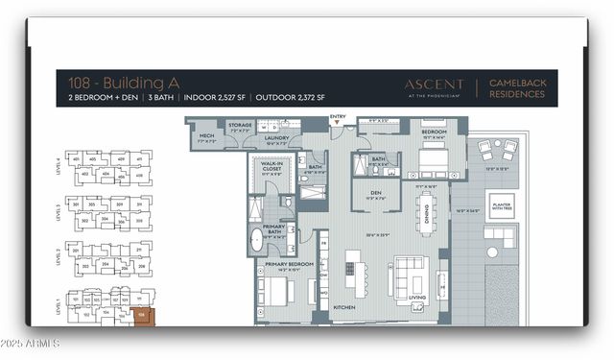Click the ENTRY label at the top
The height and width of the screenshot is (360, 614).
[337, 116]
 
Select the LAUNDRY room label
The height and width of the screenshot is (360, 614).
[276, 137]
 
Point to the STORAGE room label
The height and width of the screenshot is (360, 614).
[240, 125]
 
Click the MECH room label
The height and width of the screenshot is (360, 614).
[206, 136]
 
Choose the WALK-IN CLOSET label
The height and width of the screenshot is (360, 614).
[270, 168]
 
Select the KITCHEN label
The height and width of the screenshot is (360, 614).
[344, 308]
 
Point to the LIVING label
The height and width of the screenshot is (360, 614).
[417, 298]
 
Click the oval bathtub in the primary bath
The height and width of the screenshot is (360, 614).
[256, 238]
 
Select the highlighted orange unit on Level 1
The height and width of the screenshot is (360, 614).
[142, 315]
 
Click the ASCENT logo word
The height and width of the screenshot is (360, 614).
[434, 84]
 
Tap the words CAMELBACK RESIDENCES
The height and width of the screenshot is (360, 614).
[517, 89]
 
